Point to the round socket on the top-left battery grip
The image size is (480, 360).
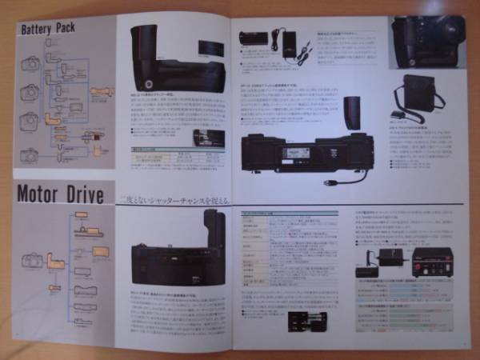(149, 84)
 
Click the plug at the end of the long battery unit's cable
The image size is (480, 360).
(328, 182)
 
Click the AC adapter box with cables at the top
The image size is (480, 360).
(288, 44)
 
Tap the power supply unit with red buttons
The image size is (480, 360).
(431, 260)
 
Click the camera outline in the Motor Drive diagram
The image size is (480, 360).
(33, 260)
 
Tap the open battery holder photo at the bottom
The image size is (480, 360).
(308, 322)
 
